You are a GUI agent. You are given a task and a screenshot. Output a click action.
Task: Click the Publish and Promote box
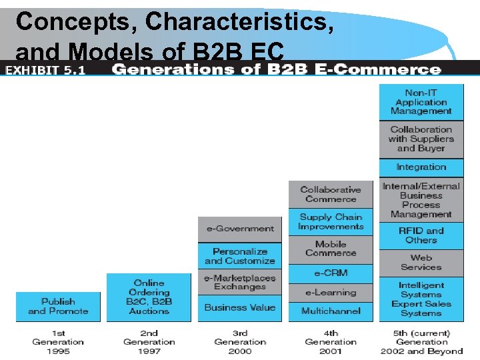(58, 307)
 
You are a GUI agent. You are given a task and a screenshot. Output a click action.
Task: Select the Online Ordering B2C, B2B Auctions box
(149, 297)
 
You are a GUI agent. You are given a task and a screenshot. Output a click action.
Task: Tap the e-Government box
(240, 229)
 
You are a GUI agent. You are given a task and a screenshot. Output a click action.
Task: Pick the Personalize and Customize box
(240, 256)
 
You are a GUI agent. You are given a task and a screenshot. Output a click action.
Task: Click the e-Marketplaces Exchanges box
(240, 282)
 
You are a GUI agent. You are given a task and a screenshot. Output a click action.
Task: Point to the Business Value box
(240, 307)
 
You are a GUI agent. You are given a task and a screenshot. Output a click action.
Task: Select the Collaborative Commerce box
(331, 194)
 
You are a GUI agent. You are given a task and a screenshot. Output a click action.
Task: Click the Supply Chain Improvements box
(331, 222)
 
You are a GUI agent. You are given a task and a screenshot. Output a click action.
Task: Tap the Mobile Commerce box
(331, 249)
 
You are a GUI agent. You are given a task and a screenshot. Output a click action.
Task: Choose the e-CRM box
(331, 273)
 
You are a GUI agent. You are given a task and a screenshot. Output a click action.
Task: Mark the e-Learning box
(331, 292)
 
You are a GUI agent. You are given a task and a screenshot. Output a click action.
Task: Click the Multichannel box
(331, 311)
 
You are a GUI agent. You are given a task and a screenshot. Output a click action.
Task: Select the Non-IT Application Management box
(421, 102)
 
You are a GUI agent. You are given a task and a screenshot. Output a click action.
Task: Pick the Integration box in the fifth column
(421, 167)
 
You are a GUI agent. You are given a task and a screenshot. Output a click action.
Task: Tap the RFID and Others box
(421, 235)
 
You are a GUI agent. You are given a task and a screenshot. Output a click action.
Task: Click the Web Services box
(421, 262)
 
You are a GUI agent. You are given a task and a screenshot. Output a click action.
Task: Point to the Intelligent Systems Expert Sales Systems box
(421, 299)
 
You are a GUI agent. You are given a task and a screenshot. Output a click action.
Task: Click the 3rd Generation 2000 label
(240, 342)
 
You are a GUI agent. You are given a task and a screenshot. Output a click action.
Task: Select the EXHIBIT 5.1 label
(45, 70)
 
